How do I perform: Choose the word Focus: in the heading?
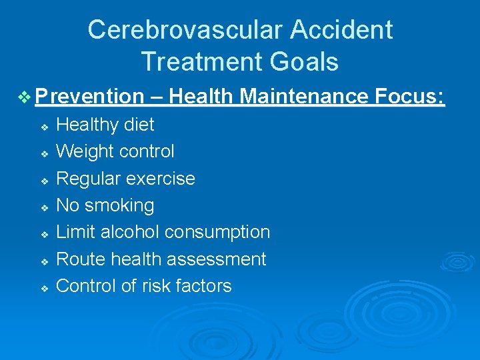[409, 97]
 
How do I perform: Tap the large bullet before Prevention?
[25, 98]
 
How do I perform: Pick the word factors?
[203, 286]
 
